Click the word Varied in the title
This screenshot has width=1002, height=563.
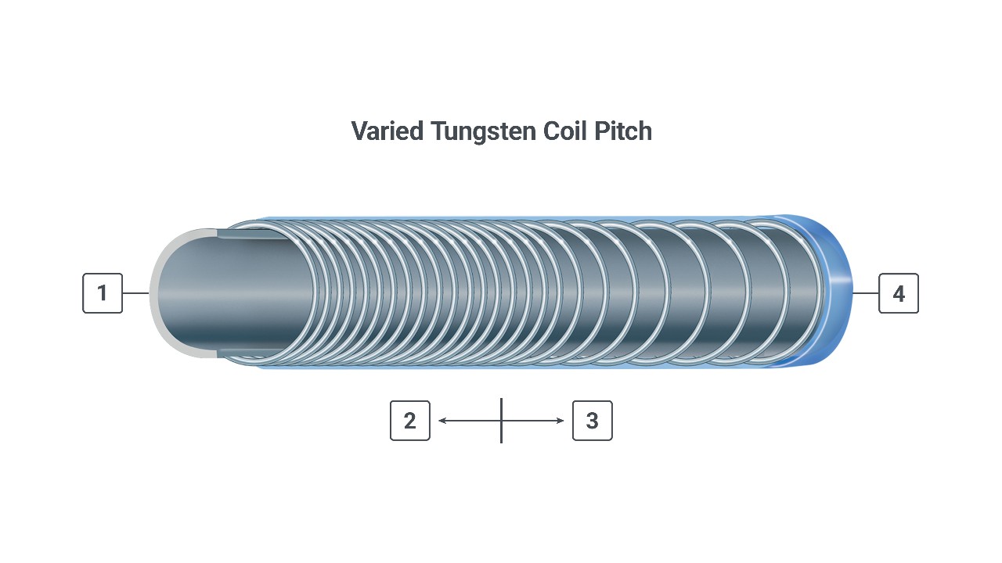(x=387, y=131)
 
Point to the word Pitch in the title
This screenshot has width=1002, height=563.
(x=622, y=131)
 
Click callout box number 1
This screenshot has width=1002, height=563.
(x=103, y=293)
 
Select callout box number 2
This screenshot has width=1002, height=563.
(x=410, y=421)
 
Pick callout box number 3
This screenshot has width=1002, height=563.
(x=593, y=421)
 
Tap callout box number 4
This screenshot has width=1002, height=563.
(x=899, y=293)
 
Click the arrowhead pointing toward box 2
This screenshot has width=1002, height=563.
(x=442, y=421)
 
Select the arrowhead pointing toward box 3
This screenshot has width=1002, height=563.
(x=560, y=421)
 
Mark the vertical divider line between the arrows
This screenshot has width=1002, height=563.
(x=502, y=421)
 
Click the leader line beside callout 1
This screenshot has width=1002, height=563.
(x=136, y=293)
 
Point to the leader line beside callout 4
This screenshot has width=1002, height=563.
(x=866, y=293)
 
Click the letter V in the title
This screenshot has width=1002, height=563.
(x=359, y=131)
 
